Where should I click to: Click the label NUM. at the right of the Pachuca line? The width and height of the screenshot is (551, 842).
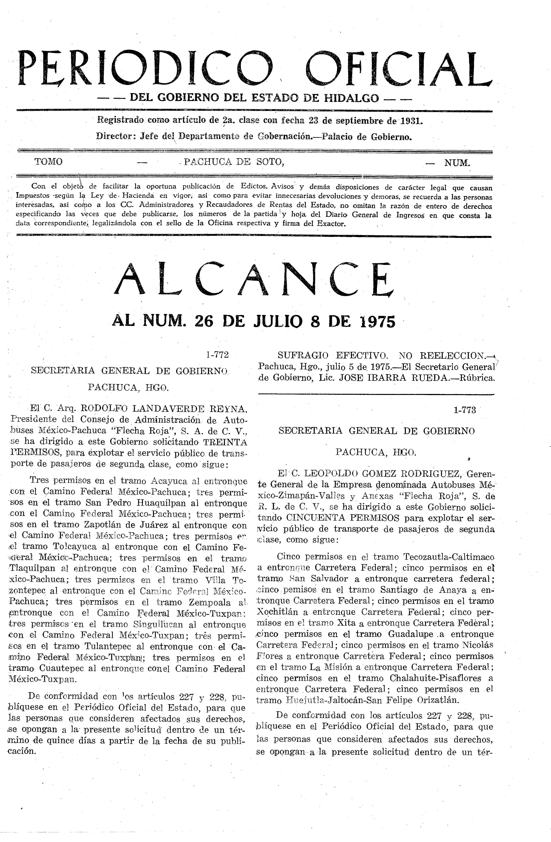pyautogui.click(x=457, y=163)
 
